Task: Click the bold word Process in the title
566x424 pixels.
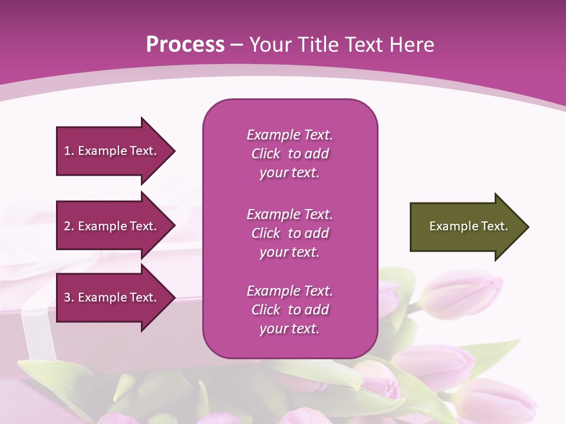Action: [185, 45]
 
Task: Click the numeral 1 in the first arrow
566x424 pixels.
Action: [67, 151]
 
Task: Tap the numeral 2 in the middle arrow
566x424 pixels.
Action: [67, 226]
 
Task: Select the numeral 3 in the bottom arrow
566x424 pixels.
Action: [67, 297]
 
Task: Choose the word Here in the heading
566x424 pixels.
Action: [412, 45]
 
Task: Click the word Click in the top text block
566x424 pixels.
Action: [266, 154]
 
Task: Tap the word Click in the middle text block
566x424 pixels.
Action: [266, 233]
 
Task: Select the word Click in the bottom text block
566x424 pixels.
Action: [266, 310]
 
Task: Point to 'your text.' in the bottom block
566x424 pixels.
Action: [289, 329]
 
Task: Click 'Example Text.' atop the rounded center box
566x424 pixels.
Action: [289, 135]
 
